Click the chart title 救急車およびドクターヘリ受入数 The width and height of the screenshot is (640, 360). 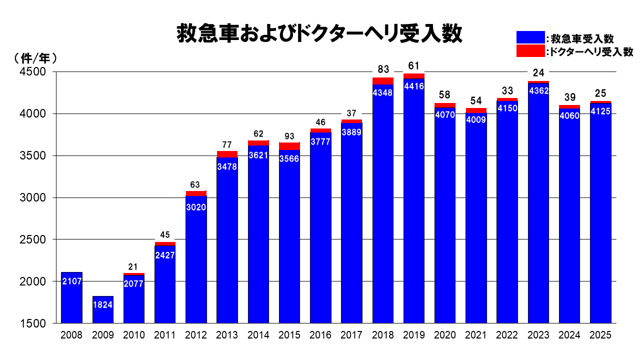tap(320, 34)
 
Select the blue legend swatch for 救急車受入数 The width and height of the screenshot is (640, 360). tap(530, 37)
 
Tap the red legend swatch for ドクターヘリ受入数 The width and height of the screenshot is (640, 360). tap(530, 50)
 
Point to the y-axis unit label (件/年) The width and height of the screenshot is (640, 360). tap(35, 58)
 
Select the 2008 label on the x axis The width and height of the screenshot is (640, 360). tap(71, 335)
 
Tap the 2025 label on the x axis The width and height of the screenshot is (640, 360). tap(600, 335)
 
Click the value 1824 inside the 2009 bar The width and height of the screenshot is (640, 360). tap(102, 304)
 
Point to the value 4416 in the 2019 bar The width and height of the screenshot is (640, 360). tap(414, 86)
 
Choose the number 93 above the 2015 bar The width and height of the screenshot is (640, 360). tap(289, 136)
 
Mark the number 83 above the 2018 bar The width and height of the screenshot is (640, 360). tap(383, 69)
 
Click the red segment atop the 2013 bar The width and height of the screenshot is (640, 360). tap(227, 154)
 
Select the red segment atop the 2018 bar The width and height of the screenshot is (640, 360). tap(383, 81)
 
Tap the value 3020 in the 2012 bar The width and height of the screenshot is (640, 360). tap(196, 207)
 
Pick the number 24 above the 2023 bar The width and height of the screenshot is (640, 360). tap(538, 73)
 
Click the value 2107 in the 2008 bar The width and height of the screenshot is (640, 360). tap(71, 281)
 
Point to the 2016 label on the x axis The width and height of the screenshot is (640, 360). tap(320, 335)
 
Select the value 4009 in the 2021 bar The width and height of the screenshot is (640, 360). tap(476, 119)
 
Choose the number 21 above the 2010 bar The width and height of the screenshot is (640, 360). tap(133, 267)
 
